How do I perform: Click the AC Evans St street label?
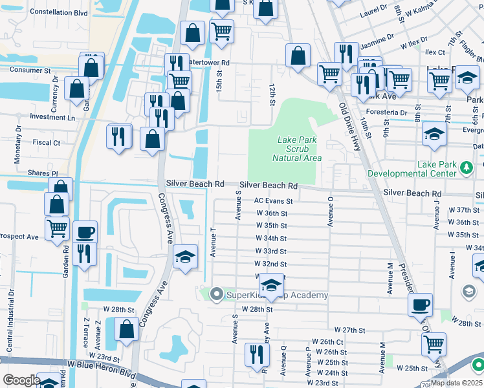(x=274, y=201)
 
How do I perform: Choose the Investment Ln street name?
(x=52, y=118)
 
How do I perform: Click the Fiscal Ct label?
(x=46, y=142)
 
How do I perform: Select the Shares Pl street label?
(x=43, y=174)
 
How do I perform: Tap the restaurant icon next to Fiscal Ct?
(x=118, y=136)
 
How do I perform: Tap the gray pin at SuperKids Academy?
(x=216, y=295)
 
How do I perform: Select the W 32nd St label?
(x=271, y=264)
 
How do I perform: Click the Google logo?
(x=21, y=380)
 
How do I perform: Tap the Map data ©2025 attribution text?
(x=456, y=383)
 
